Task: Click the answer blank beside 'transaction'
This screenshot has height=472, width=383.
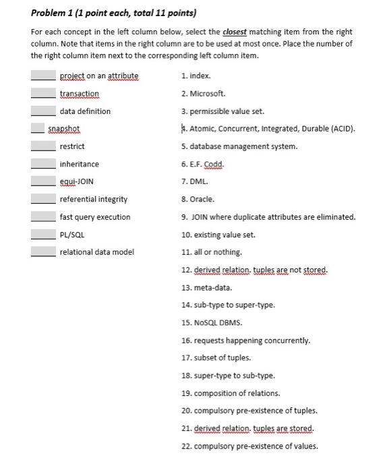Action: tap(42, 94)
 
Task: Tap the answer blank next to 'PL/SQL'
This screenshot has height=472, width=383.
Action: tap(42, 235)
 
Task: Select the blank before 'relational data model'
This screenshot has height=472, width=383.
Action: tap(42, 252)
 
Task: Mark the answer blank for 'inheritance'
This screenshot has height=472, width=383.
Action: tap(42, 164)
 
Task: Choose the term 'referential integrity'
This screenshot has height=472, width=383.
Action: tap(93, 199)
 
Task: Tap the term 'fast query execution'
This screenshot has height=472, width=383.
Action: tap(94, 216)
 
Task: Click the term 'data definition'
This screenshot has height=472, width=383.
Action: tap(85, 111)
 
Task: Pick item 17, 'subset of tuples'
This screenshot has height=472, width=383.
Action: tap(216, 357)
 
